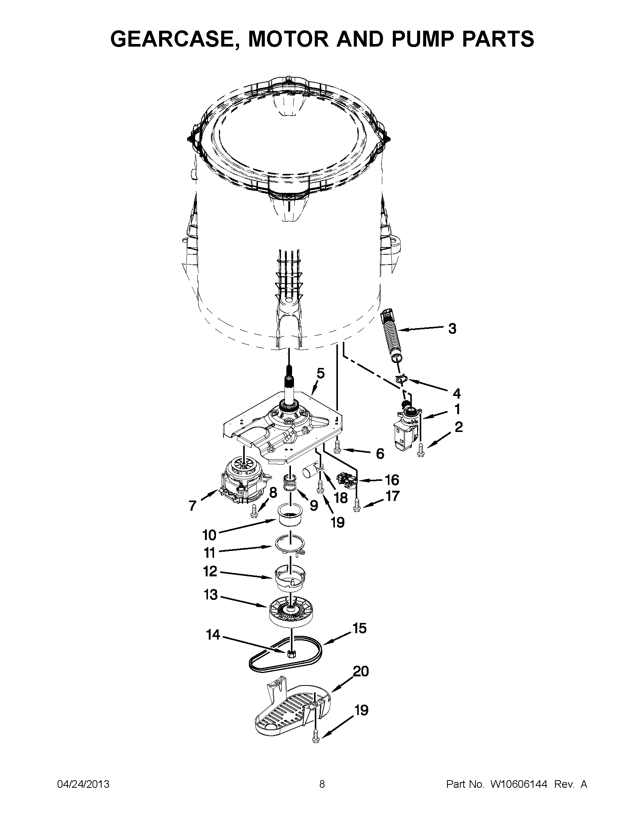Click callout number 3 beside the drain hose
pyautogui.click(x=452, y=329)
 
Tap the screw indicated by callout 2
pyautogui.click(x=420, y=450)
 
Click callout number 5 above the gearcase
pyautogui.click(x=320, y=374)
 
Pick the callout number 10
pyautogui.click(x=209, y=535)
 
